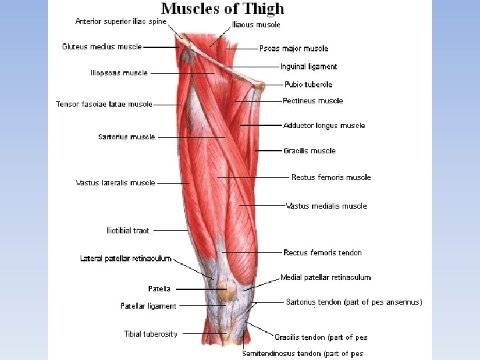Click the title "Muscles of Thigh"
click(x=223, y=9)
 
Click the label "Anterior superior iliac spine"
click(x=121, y=21)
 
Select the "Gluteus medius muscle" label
click(x=102, y=47)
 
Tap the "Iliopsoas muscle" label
click(x=119, y=73)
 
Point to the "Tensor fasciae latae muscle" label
click(x=104, y=104)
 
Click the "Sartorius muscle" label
click(x=127, y=137)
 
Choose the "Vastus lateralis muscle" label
click(x=115, y=183)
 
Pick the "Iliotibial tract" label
click(x=128, y=231)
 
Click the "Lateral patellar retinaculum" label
click(x=126, y=259)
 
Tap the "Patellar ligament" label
click(x=149, y=306)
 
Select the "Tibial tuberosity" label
click(x=151, y=334)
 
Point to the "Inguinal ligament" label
click(x=309, y=67)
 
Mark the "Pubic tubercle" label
click(x=309, y=85)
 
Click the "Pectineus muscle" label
click(x=313, y=101)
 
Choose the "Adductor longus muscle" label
click(x=324, y=125)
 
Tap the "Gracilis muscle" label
click(x=309, y=151)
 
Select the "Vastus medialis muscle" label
click(x=326, y=206)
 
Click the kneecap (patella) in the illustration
click(x=228, y=291)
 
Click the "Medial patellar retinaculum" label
click(x=325, y=277)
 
